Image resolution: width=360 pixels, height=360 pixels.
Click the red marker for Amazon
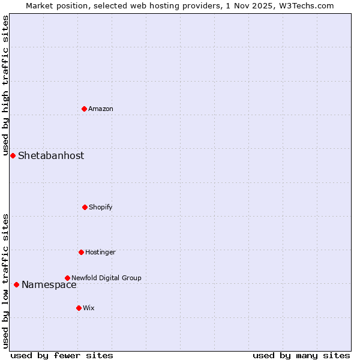click(x=84, y=109)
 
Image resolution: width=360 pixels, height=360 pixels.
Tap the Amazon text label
click(x=101, y=109)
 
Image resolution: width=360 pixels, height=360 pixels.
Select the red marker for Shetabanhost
click(x=13, y=155)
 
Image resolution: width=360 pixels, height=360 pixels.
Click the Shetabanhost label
click(x=51, y=156)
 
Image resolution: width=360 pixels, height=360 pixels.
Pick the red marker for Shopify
click(x=85, y=207)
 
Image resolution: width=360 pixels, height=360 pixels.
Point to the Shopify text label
click(x=101, y=207)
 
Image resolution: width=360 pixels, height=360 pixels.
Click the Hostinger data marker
click(x=81, y=252)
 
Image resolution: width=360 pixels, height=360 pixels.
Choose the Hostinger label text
click(x=100, y=252)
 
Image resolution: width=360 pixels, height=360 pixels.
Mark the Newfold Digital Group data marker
click(x=67, y=278)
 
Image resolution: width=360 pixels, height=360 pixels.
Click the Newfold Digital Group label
click(x=106, y=278)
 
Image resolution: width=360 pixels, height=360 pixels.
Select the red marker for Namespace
click(x=16, y=284)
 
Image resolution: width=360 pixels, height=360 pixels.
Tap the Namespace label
click(x=49, y=285)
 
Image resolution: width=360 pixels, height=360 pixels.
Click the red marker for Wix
click(x=79, y=308)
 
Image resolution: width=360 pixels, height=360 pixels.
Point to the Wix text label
click(x=89, y=308)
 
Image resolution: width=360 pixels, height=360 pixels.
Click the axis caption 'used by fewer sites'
click(x=62, y=355)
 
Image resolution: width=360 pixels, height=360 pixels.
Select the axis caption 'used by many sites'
click(x=301, y=355)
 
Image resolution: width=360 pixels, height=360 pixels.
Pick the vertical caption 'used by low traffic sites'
click(x=5, y=281)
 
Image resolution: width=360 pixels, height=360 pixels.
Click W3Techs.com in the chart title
click(x=305, y=5)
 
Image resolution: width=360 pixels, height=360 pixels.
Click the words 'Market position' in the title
click(x=55, y=5)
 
